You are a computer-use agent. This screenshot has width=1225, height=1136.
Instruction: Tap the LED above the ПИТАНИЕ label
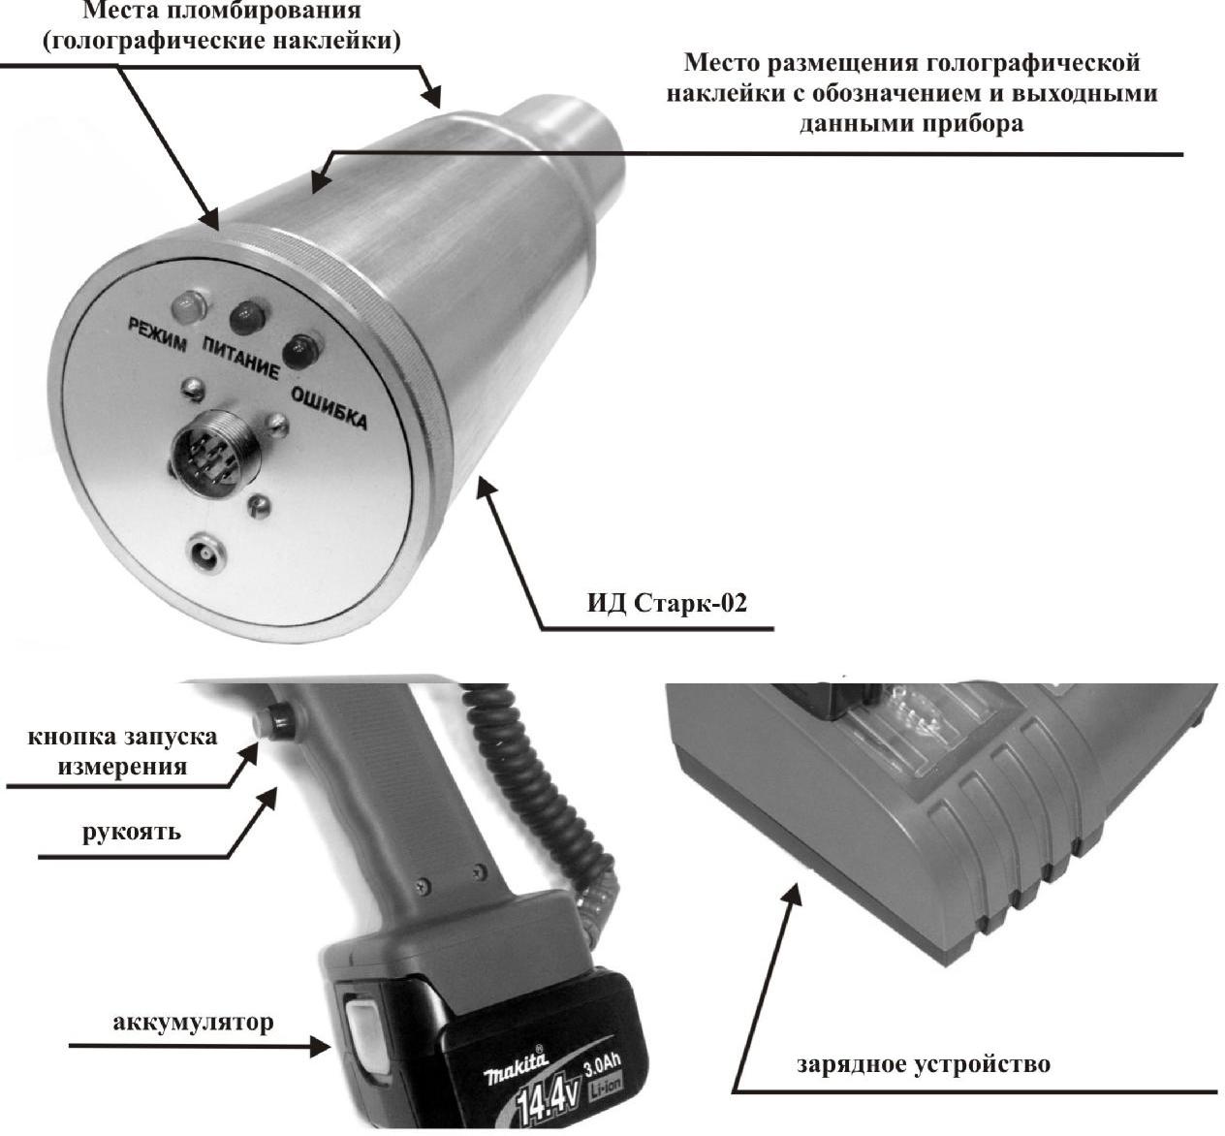pos(247,317)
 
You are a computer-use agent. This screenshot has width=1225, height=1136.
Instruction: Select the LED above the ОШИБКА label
pos(301,348)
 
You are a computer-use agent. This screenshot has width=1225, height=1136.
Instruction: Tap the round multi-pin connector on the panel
pos(205,454)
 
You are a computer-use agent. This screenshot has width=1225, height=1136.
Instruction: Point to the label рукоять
pos(131,831)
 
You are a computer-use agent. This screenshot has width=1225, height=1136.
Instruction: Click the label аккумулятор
pos(193,1022)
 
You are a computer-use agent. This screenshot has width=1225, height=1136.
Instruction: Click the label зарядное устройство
pos(923,1064)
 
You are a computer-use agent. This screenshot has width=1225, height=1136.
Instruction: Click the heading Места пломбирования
pos(222,12)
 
